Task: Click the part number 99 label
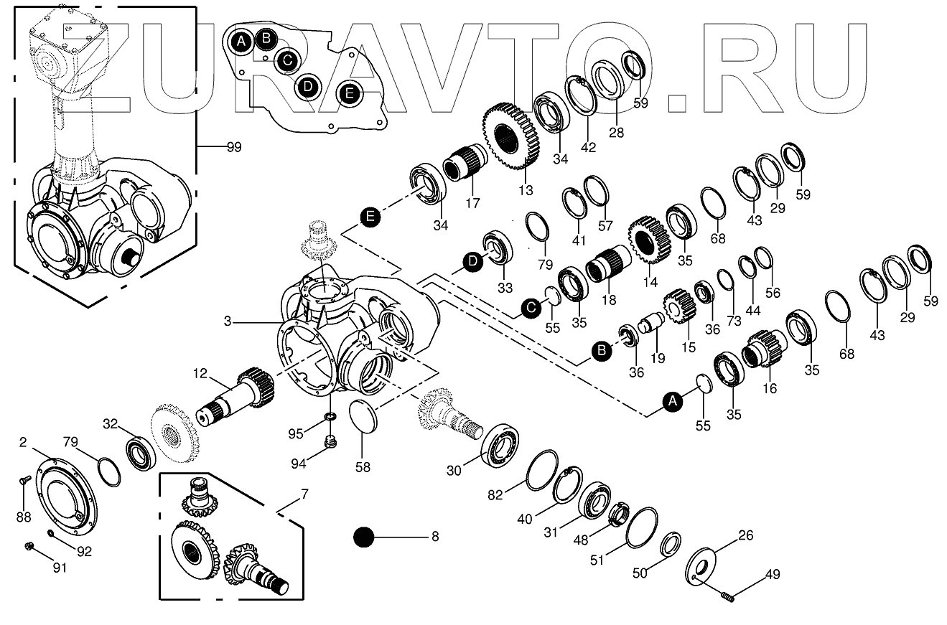pos(233,147)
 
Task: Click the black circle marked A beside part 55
pos(673,403)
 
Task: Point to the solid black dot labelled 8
pos(365,537)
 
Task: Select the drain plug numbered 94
pos(331,441)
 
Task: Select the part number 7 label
pos(304,494)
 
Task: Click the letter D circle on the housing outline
pos(307,87)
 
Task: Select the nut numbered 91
pos(30,547)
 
